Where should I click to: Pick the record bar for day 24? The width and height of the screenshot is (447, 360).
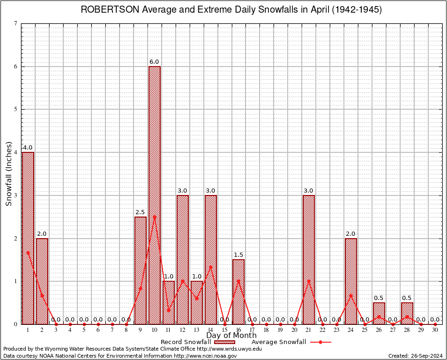coord(351,281)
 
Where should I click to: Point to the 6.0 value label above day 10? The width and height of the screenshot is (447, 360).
coord(155,62)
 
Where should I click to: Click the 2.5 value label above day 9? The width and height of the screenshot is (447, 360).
coord(140,212)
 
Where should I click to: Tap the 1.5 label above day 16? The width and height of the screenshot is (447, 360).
coord(238,255)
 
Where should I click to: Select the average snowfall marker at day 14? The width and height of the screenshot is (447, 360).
coord(211,267)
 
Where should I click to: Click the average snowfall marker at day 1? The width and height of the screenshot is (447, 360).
coord(28,253)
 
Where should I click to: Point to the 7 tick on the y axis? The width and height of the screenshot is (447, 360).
coord(15,23)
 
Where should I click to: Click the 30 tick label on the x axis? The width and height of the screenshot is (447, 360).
coord(435,330)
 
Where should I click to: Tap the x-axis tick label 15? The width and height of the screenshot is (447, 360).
coord(225,330)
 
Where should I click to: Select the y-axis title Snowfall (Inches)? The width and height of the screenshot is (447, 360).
coord(9,174)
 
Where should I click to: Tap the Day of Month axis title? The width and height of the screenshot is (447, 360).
coord(231,336)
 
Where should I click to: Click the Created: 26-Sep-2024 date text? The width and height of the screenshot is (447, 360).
coord(416,356)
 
